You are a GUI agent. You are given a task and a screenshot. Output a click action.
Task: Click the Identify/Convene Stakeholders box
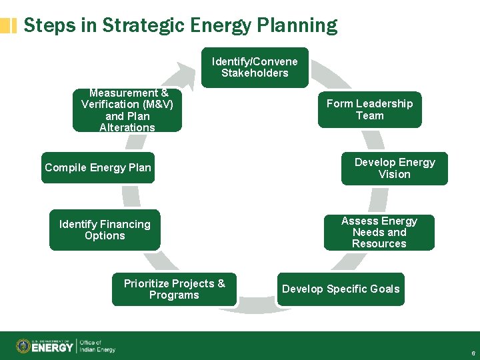[x=255, y=67]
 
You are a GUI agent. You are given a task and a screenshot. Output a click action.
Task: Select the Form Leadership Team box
[x=369, y=109]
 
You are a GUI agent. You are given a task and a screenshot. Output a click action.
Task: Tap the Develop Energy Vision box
[x=394, y=168]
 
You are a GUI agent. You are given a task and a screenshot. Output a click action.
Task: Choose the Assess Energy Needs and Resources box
[x=379, y=232]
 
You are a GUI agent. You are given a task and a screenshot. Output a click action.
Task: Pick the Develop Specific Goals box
[x=341, y=289]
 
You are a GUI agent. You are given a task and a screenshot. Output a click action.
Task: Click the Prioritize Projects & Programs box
[x=174, y=289]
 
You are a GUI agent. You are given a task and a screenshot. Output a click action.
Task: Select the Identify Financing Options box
[x=105, y=230]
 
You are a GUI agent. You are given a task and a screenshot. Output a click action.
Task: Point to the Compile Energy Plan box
[x=98, y=167]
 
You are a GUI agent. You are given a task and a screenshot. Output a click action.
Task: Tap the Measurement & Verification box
[x=127, y=111]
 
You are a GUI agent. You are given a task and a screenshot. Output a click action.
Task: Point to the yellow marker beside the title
[x=9, y=25]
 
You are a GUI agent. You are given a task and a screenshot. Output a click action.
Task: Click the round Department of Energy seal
[x=23, y=346]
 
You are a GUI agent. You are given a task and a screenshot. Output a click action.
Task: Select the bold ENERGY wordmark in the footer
[x=53, y=347]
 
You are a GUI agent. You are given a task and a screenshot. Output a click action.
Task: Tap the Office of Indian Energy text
[x=97, y=346]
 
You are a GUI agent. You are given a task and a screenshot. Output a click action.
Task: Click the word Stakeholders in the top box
[x=255, y=73]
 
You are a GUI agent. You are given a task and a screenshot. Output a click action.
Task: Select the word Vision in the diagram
[x=394, y=175]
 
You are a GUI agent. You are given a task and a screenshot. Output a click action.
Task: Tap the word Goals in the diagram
[x=385, y=289]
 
